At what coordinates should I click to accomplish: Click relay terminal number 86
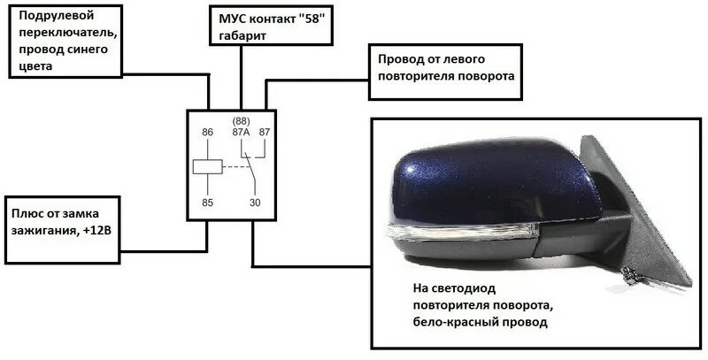pos(209,133)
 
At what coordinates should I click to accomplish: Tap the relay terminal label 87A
pos(240,133)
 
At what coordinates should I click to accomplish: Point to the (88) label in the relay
pos(239,120)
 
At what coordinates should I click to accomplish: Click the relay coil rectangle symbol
pos(207,165)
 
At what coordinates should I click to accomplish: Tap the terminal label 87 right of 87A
pos(265,133)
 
